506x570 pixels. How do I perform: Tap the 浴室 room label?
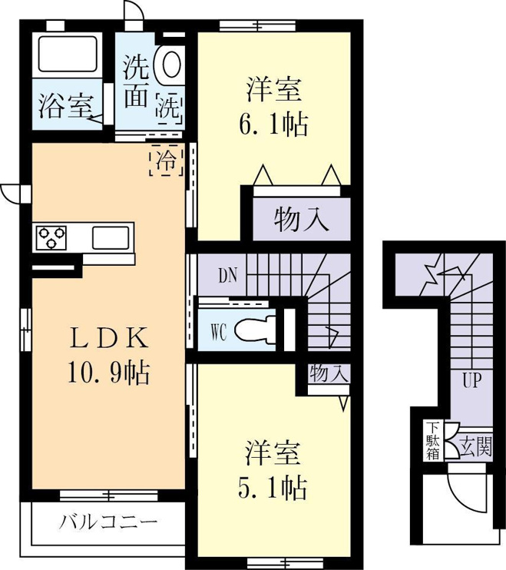point(65,106)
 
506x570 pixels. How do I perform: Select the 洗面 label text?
point(136,81)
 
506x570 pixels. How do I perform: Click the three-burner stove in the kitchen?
point(51,237)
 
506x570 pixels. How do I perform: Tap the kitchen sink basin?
point(111,237)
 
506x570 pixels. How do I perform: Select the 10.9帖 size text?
point(108,373)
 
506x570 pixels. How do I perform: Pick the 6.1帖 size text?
point(273,124)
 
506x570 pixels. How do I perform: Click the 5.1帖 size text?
point(273,489)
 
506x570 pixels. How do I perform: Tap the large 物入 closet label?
point(302,220)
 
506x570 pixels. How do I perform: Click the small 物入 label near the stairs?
point(329,373)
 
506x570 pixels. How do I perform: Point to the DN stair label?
point(228,276)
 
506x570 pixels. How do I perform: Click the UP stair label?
point(472,380)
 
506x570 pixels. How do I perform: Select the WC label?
point(219,332)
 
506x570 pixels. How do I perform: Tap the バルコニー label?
point(108,523)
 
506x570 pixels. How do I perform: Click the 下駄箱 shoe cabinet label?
point(432,441)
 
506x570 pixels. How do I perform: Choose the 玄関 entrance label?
point(475,446)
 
